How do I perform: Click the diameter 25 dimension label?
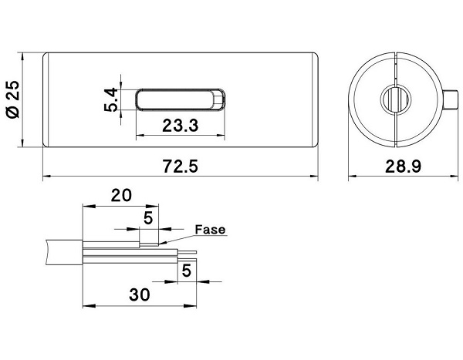click(12, 101)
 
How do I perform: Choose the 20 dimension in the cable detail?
click(120, 195)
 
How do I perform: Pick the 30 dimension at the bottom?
click(139, 294)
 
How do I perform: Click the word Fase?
click(209, 230)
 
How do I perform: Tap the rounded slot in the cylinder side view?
click(181, 100)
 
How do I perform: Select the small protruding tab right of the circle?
click(451, 101)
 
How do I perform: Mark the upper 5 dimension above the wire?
click(147, 218)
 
